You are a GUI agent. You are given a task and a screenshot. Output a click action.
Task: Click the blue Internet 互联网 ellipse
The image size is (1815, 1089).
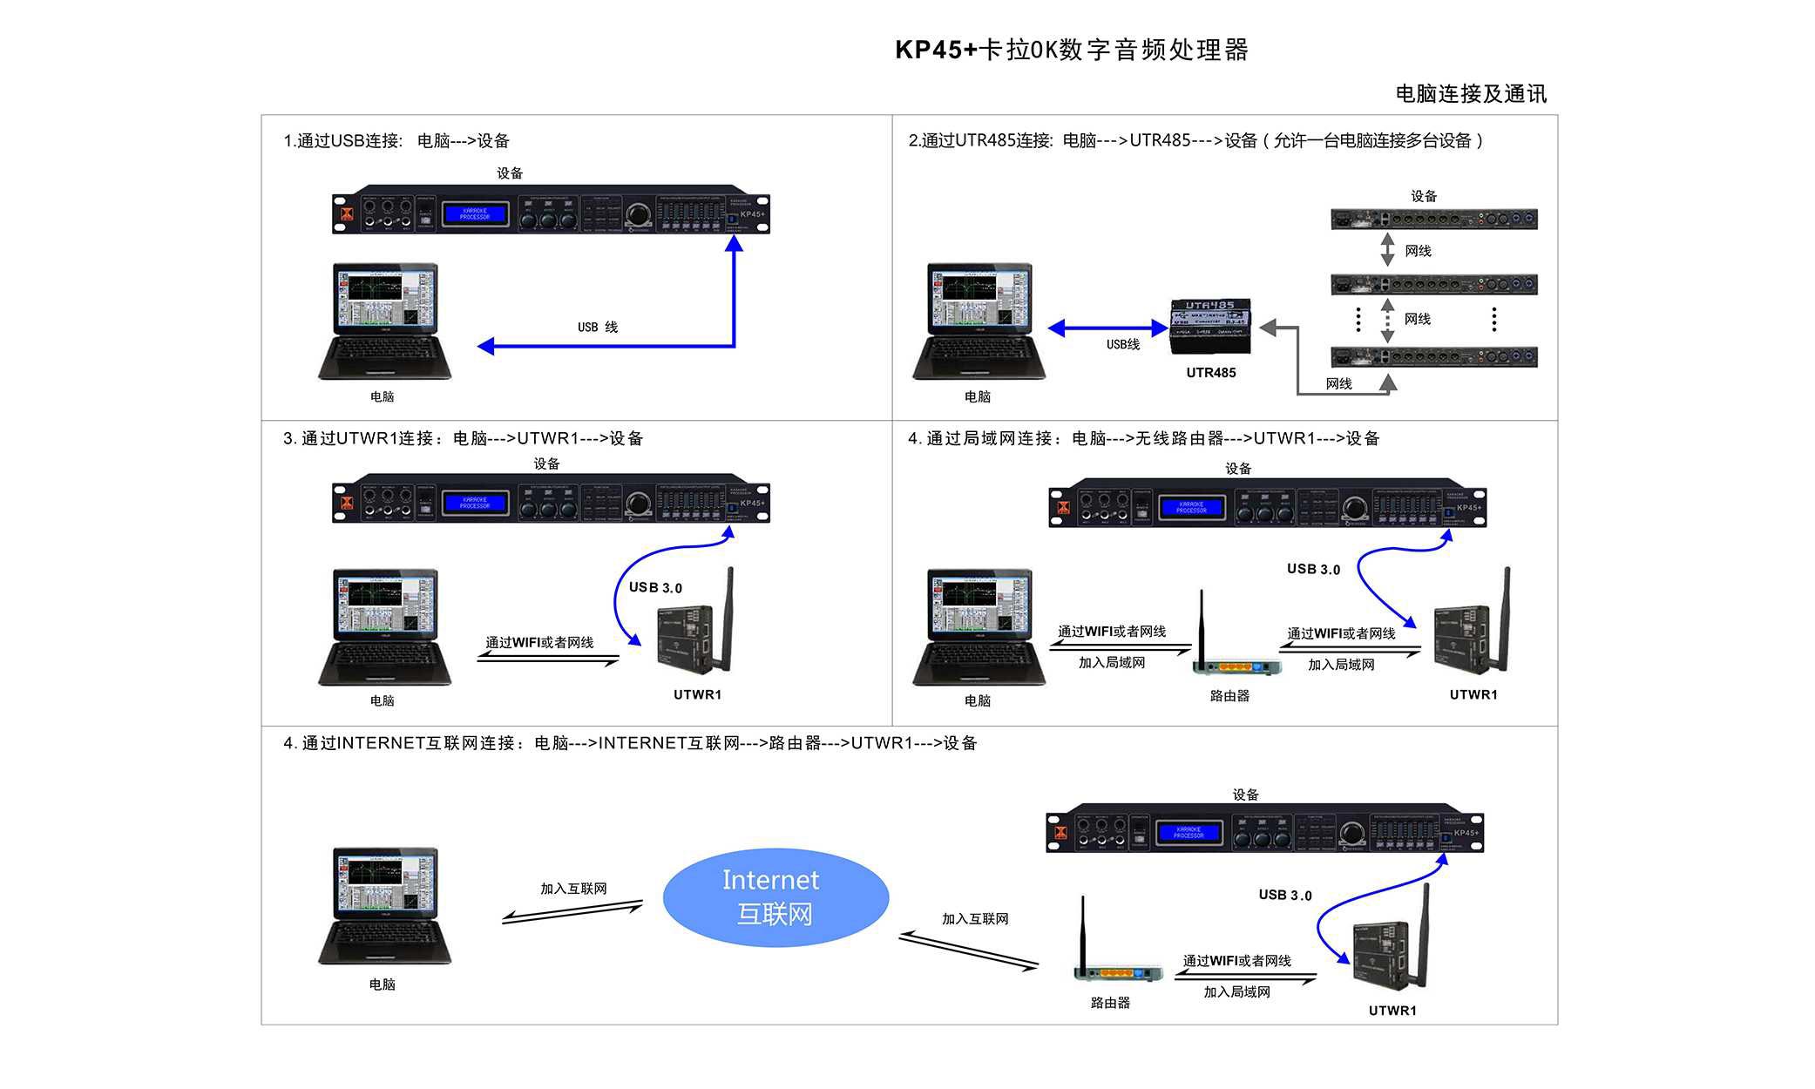pos(775,897)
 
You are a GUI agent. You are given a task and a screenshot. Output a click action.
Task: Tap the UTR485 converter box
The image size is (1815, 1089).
pos(1210,326)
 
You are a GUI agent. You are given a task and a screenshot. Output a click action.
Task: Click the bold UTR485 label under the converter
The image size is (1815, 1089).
pos(1210,373)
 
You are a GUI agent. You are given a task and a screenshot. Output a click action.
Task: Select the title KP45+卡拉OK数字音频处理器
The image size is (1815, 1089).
pos(1072,50)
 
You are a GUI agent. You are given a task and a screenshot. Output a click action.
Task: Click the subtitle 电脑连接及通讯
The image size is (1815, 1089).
pos(1471,94)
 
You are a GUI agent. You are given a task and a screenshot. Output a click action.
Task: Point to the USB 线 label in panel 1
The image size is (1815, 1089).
pos(598,328)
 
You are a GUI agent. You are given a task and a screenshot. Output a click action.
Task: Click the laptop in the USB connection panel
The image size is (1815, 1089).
pos(384,321)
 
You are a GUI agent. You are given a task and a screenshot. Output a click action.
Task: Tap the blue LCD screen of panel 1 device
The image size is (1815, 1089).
pos(475,213)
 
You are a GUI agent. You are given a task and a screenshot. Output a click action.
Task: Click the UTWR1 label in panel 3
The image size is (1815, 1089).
pos(697,694)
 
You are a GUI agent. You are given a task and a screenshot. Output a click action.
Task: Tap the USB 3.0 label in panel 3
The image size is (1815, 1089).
pos(655,588)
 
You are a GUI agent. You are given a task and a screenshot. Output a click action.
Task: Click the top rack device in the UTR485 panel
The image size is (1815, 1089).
pos(1433,219)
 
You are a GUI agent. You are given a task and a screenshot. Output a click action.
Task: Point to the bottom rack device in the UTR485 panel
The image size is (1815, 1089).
pos(1433,356)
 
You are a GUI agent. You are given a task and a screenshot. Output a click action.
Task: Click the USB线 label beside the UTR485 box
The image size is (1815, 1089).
pos(1123,345)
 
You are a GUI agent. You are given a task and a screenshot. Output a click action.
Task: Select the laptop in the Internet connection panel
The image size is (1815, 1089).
pos(384,906)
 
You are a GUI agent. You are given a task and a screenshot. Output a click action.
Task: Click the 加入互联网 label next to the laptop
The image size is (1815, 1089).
pos(573,889)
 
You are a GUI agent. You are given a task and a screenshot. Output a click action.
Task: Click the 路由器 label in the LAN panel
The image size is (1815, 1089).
pos(1229,696)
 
